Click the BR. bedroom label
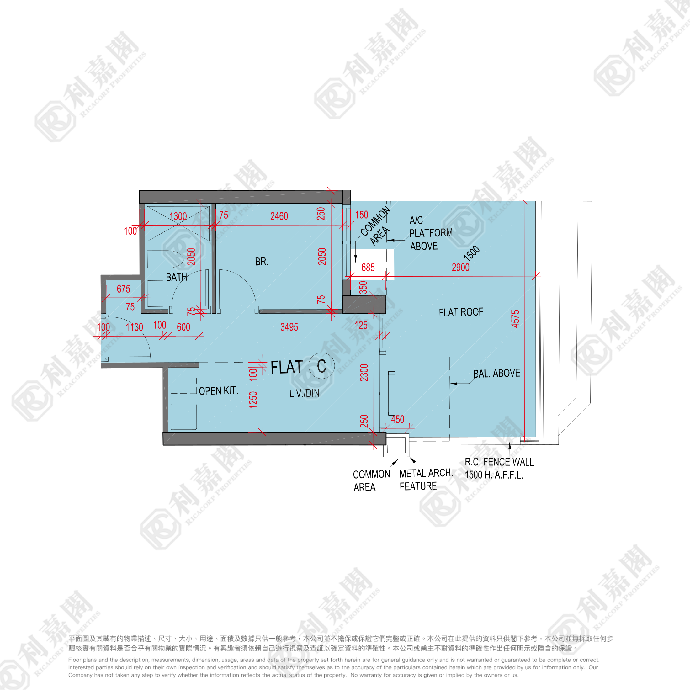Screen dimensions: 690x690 coord(262,262)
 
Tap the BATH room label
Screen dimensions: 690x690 coord(177,277)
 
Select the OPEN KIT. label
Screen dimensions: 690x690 coord(218,391)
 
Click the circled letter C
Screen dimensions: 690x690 coord(321,366)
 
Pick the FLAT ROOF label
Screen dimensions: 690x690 coord(461,312)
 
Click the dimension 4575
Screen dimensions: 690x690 coord(515,319)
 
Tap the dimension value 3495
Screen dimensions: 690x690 coord(289,327)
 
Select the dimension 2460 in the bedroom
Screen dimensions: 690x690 coord(279,216)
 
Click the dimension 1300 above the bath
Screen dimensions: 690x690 coord(178,216)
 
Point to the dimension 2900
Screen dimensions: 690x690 coord(460,267)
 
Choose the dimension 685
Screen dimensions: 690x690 coord(368,268)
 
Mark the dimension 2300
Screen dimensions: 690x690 coord(364,373)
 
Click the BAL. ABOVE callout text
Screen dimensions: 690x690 coord(496,374)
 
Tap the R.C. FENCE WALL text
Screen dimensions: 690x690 coord(499,462)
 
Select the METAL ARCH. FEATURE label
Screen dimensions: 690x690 coord(426,480)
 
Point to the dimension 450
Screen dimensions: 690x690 coord(397,419)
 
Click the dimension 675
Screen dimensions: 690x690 coord(123,289)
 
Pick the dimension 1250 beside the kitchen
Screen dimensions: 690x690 coord(253,400)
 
